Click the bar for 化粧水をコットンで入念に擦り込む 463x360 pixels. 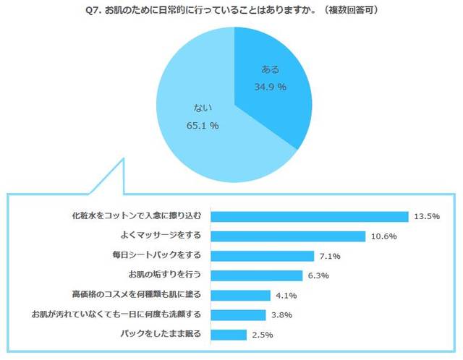[x=311, y=216]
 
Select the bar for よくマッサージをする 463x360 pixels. [x=289, y=236]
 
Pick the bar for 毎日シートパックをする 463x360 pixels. [x=264, y=256]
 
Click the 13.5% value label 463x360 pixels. [x=426, y=216]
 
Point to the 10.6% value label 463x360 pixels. [x=383, y=236]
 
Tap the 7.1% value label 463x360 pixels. [x=330, y=256]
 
